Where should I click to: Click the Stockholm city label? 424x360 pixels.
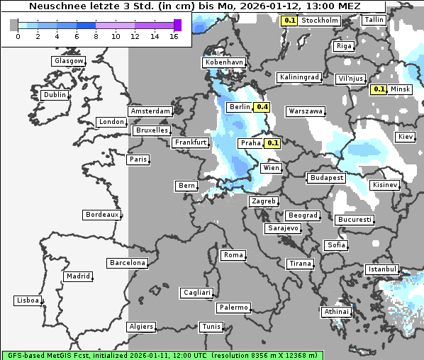[x=319, y=21]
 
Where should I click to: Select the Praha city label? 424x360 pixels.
[x=251, y=143]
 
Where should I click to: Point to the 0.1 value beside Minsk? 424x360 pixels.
[x=379, y=89]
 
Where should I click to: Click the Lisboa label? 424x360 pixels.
[x=28, y=300]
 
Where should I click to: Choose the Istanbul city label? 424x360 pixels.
[x=382, y=270]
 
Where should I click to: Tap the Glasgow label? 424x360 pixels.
[x=68, y=61]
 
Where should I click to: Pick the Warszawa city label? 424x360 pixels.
[x=306, y=111]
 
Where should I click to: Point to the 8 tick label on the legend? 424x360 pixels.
[x=95, y=36]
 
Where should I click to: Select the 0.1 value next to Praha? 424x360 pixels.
[x=273, y=143]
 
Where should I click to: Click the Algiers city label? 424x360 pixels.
[x=140, y=327]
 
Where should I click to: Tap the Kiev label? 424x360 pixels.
[x=406, y=136]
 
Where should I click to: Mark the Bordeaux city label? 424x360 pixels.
[x=101, y=215]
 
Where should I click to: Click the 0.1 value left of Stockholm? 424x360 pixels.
[x=289, y=21]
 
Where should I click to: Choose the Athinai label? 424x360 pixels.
[x=336, y=312]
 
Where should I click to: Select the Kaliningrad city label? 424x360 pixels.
[x=299, y=77]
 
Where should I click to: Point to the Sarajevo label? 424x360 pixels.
[x=283, y=229]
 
